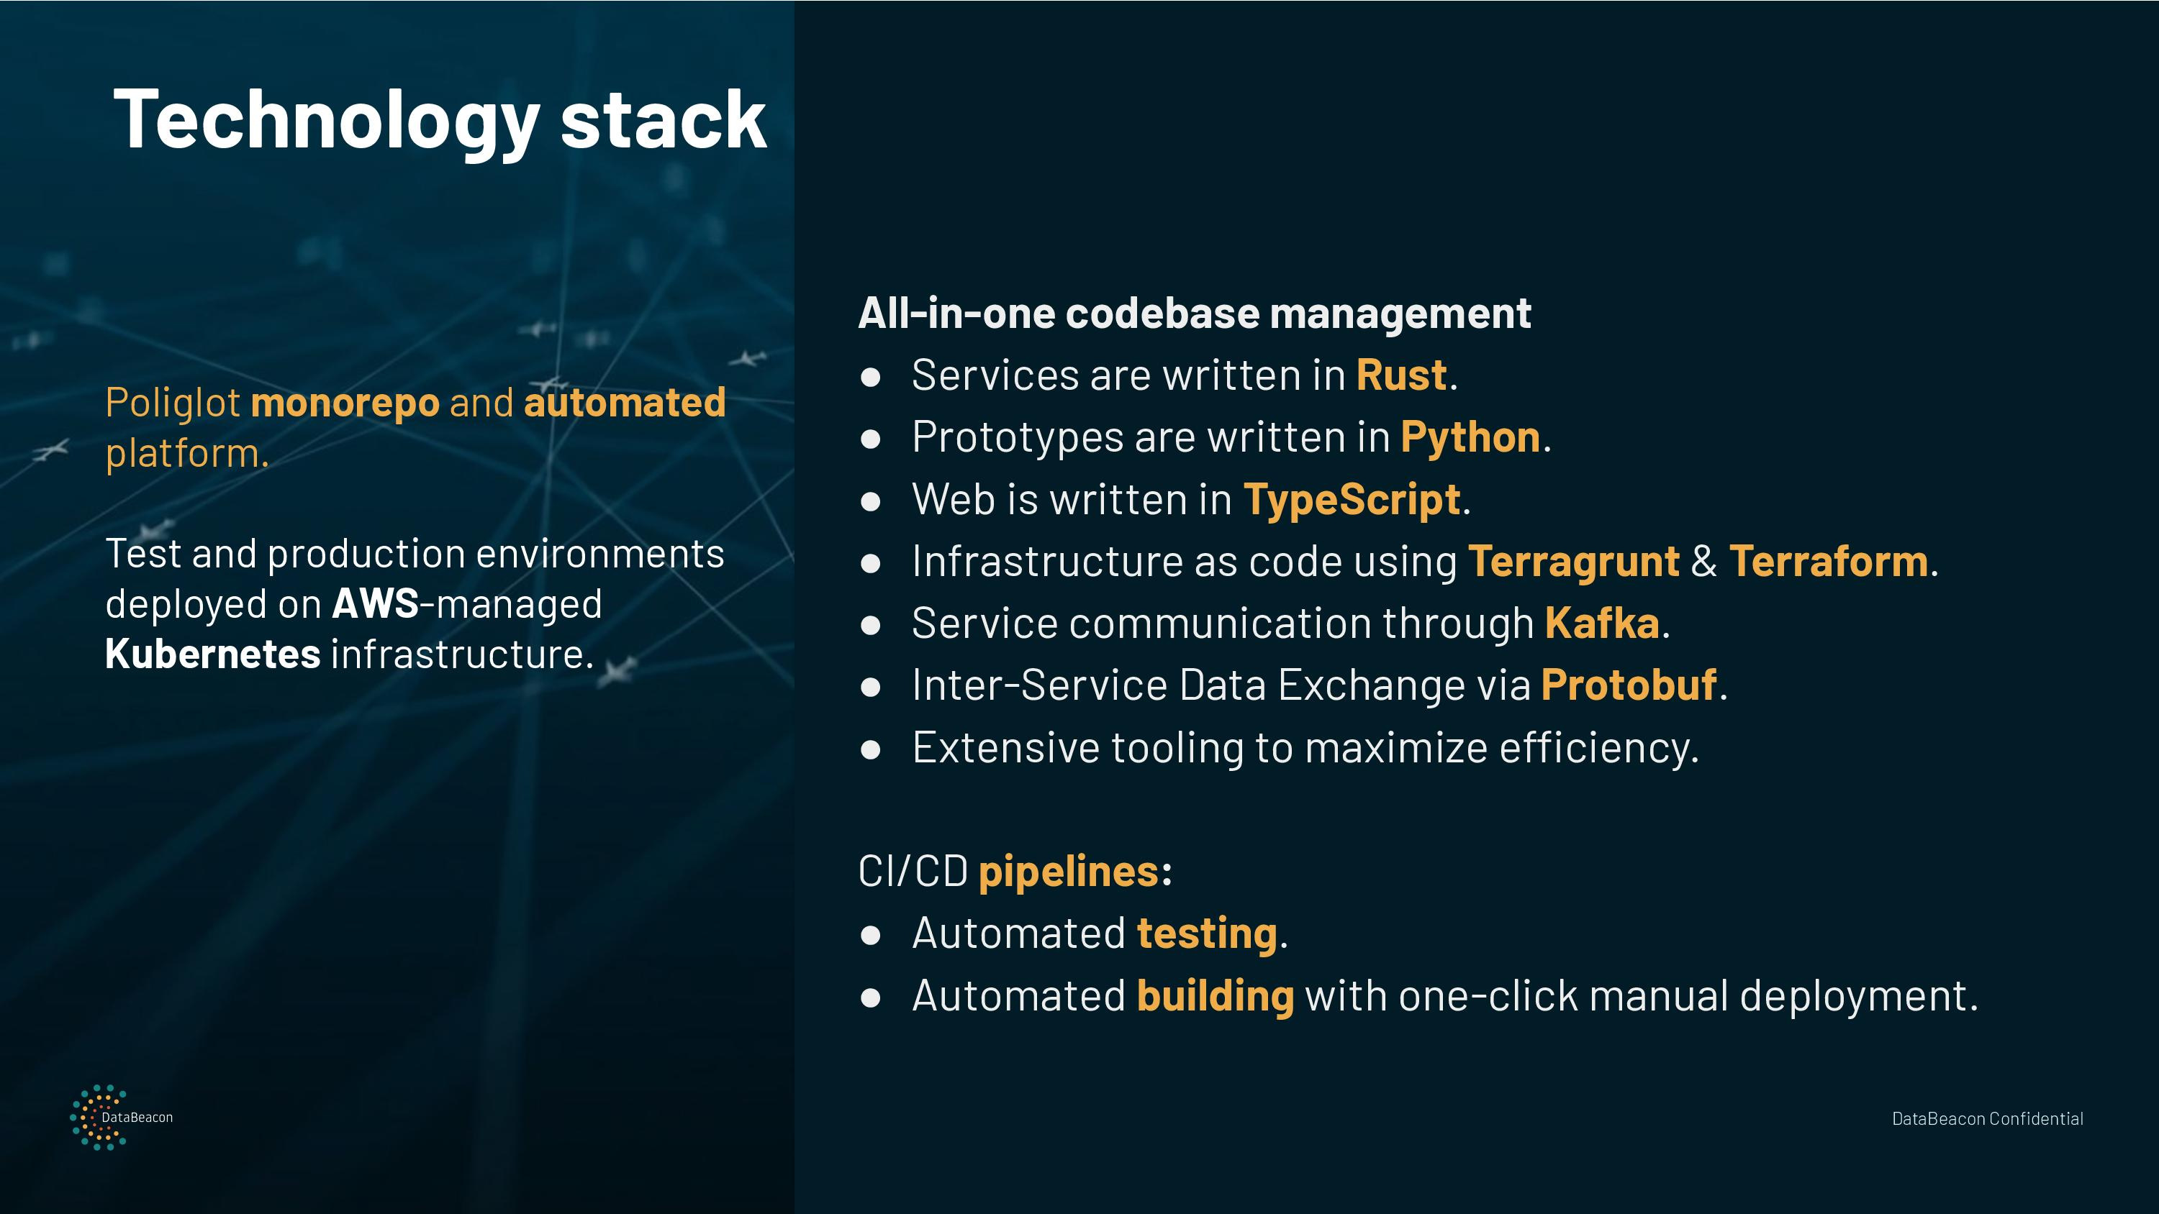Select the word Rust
tap(1401, 375)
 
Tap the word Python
tap(1470, 438)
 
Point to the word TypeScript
tap(1352, 500)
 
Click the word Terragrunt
tap(1573, 562)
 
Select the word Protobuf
tap(1629, 685)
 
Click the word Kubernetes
tap(213, 654)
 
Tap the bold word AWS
tap(376, 603)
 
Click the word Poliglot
tap(173, 403)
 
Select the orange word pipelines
tap(1069, 872)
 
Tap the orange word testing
tap(1207, 934)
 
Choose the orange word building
tap(1216, 996)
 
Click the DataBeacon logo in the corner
tap(122, 1117)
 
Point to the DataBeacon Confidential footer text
tap(1987, 1118)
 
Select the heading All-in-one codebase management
tap(1195, 314)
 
